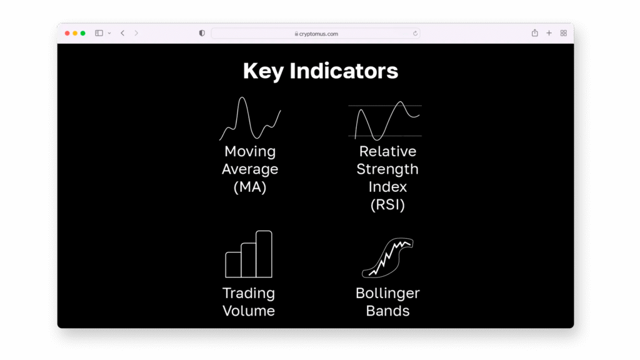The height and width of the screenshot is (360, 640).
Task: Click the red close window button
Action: (67, 33)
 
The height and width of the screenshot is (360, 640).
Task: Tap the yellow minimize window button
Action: (75, 33)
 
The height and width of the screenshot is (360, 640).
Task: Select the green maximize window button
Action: (83, 33)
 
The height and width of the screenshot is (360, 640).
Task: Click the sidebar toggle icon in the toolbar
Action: (99, 33)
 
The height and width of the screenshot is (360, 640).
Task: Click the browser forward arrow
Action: (136, 33)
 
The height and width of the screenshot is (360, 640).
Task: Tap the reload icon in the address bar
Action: (415, 33)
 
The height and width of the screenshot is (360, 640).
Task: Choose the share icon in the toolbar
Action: (534, 33)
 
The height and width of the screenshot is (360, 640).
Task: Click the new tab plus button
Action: (549, 33)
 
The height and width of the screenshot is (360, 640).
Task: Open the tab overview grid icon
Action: (563, 33)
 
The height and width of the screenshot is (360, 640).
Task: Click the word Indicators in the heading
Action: (344, 71)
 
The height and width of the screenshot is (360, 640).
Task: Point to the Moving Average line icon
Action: (249, 119)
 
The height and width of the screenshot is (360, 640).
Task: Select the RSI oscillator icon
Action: (384, 121)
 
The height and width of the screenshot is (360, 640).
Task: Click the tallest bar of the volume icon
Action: (264, 254)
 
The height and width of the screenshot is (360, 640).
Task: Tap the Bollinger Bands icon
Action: (388, 258)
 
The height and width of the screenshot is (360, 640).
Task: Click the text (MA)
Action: (249, 187)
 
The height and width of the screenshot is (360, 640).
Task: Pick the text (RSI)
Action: (387, 204)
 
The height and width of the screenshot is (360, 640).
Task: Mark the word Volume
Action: (249, 311)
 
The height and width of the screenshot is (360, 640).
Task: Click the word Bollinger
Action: (387, 293)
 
